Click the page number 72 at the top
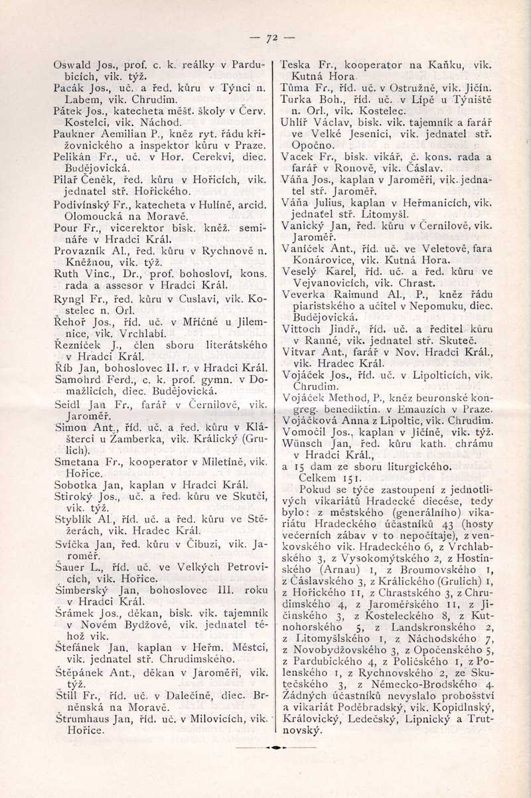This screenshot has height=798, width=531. point(271,39)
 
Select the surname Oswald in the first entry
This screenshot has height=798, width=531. point(71,66)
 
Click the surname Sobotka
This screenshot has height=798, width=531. point(74,484)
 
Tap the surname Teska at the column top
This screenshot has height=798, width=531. point(295,65)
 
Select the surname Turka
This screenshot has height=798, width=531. point(295,99)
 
